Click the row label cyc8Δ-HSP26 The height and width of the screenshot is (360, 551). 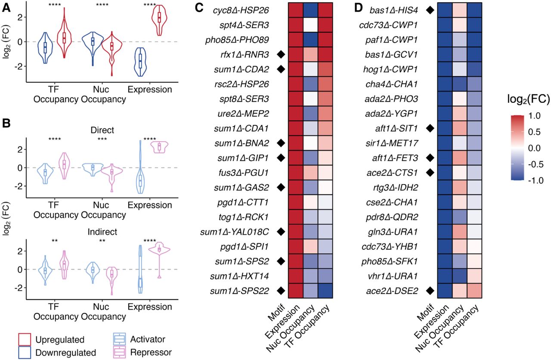[x=241, y=10]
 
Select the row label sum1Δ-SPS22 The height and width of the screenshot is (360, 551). [x=240, y=291]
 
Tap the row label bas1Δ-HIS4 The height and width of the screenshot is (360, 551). [x=394, y=10]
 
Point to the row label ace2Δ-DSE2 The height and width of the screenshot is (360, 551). [x=392, y=291]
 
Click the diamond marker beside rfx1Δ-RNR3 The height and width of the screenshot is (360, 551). [x=281, y=55]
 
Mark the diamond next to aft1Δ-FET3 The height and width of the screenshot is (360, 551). [x=430, y=158]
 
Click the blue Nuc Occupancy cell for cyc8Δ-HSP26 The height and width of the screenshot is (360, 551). [x=311, y=10]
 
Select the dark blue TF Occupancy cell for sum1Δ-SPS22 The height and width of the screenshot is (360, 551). [x=325, y=291]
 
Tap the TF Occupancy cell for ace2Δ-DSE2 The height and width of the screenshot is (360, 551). [x=474, y=291]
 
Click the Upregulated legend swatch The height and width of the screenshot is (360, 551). [x=25, y=340]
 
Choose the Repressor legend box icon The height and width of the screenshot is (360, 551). [x=120, y=352]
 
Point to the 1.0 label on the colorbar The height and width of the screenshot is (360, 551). [x=534, y=116]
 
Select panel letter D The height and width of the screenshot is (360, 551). [x=359, y=8]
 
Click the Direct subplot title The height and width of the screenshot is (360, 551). [x=102, y=130]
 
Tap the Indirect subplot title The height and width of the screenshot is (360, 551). [x=102, y=232]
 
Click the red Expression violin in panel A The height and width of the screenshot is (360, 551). [x=159, y=20]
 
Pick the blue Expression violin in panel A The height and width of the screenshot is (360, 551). [x=140, y=62]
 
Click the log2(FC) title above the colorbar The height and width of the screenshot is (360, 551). [x=528, y=99]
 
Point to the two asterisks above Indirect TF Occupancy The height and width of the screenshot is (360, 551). [x=55, y=241]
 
